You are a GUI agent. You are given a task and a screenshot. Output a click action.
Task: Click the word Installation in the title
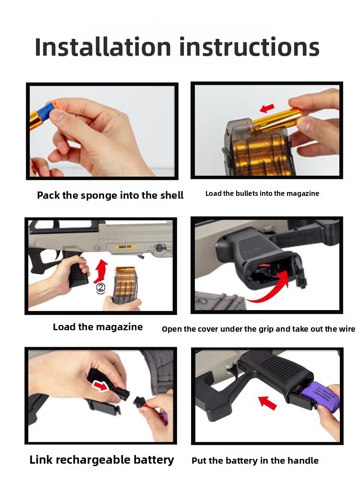[103, 47]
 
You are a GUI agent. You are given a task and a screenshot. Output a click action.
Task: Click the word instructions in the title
[249, 47]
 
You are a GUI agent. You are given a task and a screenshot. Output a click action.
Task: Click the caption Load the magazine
[97, 327]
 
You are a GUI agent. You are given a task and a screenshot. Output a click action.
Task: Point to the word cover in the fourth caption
[208, 329]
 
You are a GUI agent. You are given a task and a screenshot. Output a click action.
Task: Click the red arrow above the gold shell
[267, 108]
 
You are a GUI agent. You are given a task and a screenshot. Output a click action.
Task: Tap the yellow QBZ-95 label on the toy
[125, 247]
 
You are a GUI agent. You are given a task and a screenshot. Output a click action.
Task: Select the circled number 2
[101, 288]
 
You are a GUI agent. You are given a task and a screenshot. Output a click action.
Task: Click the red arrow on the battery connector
[101, 386]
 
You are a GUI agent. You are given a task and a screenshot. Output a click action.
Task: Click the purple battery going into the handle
[320, 397]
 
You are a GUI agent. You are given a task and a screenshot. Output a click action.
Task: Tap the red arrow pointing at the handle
[267, 403]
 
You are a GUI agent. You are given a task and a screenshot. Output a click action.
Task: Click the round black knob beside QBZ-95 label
[159, 248]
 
